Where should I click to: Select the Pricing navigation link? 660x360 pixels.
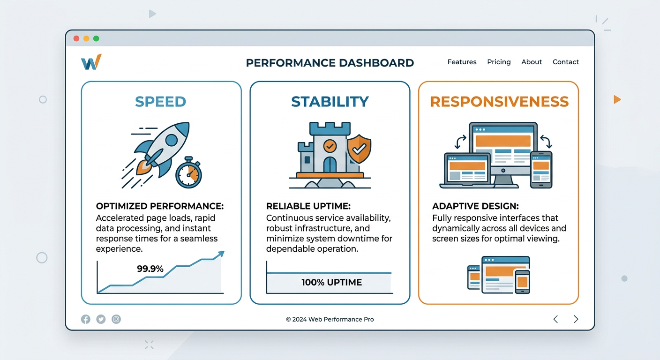499,62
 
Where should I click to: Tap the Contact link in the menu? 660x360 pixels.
565,62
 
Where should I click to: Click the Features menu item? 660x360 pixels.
462,62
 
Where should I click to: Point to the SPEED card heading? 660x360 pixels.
160,102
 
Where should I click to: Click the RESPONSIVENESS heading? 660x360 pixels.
499,102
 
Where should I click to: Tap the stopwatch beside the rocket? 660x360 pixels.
188,173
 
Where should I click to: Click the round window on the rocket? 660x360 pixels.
172,140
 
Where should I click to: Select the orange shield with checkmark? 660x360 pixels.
359,149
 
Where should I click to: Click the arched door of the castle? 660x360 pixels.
330,165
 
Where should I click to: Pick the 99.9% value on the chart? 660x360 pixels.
150,269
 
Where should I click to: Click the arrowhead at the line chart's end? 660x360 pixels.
220,254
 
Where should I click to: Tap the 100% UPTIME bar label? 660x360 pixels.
331,283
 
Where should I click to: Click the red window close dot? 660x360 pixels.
76,38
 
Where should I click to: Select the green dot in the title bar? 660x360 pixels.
96,38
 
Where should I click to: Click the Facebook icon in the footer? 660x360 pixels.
85,319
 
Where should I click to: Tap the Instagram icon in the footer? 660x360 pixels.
116,319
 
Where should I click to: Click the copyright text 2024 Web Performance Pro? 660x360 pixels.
330,319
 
